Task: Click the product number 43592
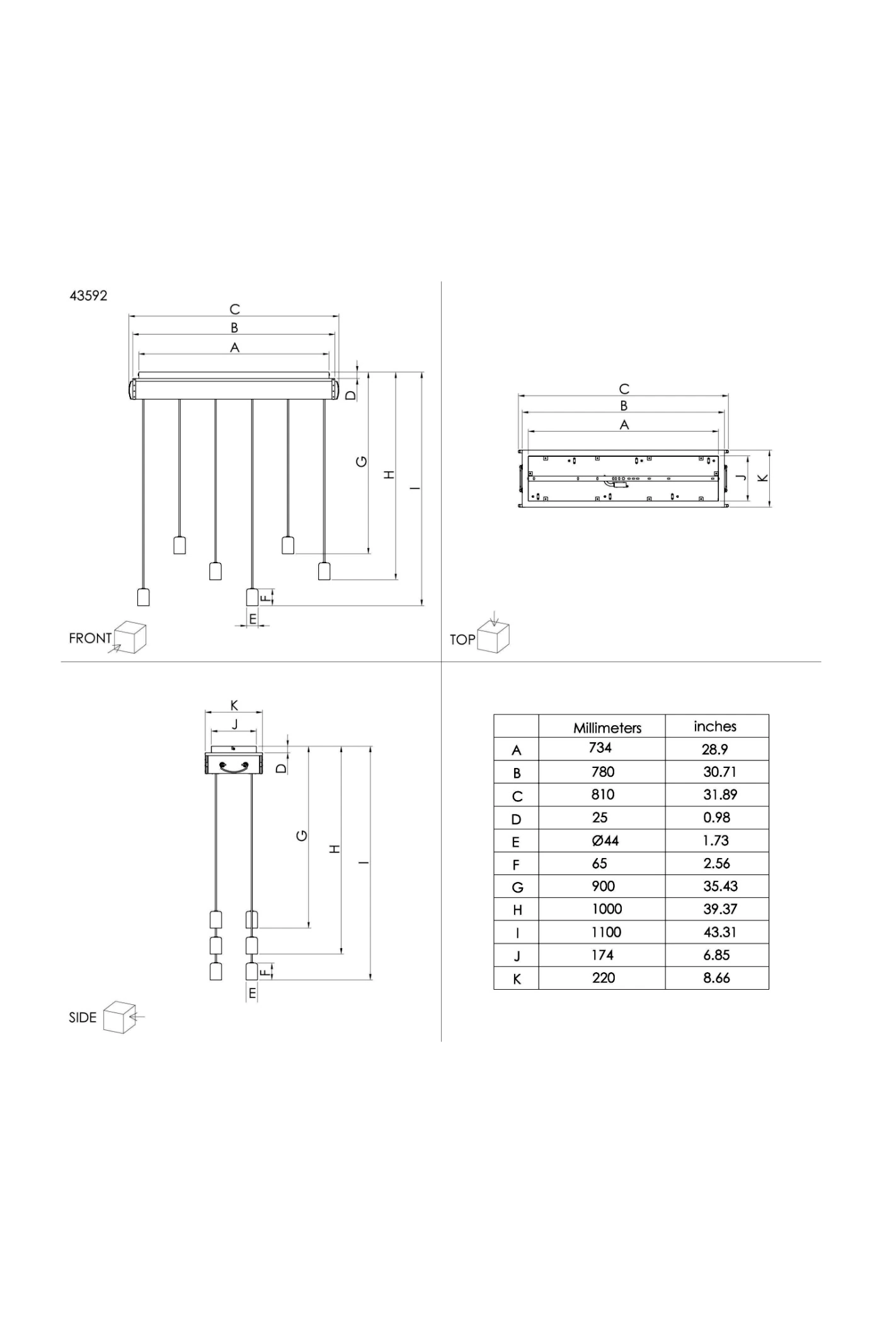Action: click(88, 295)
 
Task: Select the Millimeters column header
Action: click(607, 728)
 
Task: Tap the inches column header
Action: click(715, 726)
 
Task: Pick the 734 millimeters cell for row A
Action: click(600, 747)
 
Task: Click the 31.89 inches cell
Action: click(720, 794)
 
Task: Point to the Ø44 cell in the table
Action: click(605, 840)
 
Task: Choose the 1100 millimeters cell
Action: click(606, 932)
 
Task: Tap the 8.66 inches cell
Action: click(717, 978)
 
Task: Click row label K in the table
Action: click(517, 979)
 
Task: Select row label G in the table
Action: click(517, 888)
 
